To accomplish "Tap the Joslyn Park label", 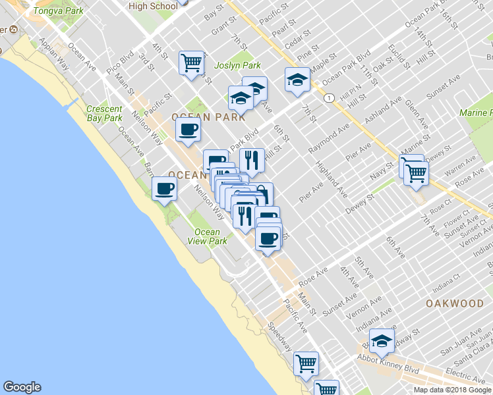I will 237,65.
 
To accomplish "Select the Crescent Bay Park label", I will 104,113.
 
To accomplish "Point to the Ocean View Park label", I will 208,236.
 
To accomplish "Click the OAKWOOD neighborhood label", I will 455,303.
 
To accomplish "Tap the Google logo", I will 22,387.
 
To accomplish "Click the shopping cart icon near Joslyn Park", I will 191,63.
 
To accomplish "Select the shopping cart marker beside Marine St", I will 416,172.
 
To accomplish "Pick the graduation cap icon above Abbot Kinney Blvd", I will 381,340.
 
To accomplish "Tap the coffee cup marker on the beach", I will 164,190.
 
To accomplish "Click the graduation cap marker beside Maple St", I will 297,80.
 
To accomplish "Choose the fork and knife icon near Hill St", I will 252,159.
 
